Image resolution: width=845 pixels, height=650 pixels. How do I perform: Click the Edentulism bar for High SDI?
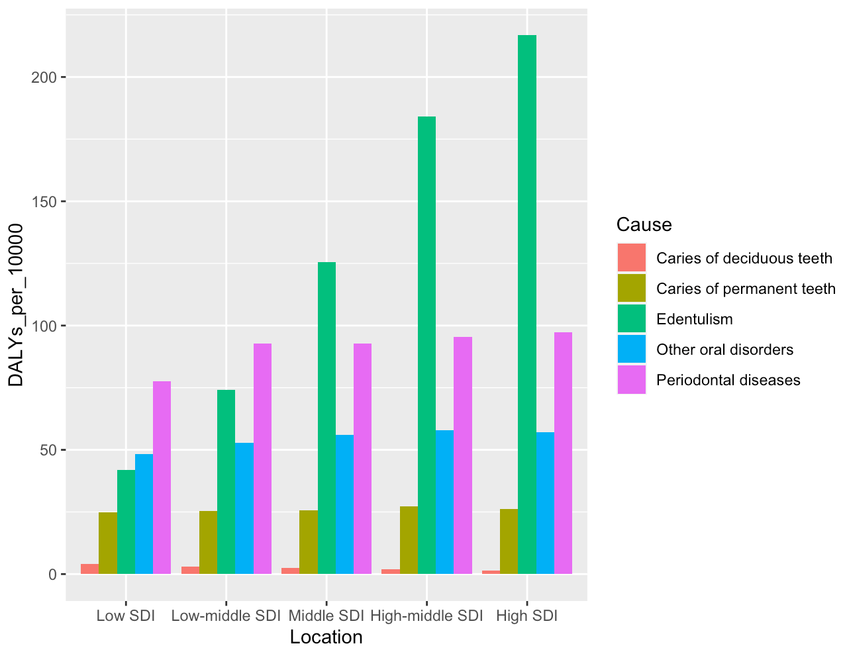(x=527, y=304)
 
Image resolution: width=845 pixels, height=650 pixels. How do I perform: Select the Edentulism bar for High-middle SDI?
(x=426, y=345)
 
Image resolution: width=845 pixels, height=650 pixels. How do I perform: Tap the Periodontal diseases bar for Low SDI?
(x=162, y=477)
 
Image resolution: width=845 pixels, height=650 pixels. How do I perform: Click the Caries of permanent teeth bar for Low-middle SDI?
(x=208, y=542)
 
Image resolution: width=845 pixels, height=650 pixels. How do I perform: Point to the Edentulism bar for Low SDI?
(x=126, y=522)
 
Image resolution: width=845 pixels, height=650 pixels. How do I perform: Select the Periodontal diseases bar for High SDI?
(x=563, y=453)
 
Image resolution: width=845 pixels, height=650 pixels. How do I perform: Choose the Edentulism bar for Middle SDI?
(x=326, y=418)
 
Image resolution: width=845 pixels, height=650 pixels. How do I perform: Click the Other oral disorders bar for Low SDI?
(x=144, y=514)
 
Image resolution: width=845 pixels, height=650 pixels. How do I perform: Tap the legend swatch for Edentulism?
(x=631, y=319)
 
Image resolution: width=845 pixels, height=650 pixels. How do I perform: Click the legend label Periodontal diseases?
(x=728, y=380)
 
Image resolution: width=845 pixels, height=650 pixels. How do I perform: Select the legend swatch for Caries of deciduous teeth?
(x=631, y=258)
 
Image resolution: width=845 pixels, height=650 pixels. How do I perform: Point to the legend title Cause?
(x=644, y=225)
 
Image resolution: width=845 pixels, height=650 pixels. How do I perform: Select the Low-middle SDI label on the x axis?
(x=226, y=616)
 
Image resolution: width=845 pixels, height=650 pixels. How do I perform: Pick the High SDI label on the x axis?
(x=526, y=616)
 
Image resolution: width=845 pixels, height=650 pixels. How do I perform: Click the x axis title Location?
(x=326, y=637)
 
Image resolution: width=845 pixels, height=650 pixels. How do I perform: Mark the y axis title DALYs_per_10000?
(x=15, y=304)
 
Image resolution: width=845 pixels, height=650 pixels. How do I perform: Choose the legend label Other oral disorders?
(x=724, y=349)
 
